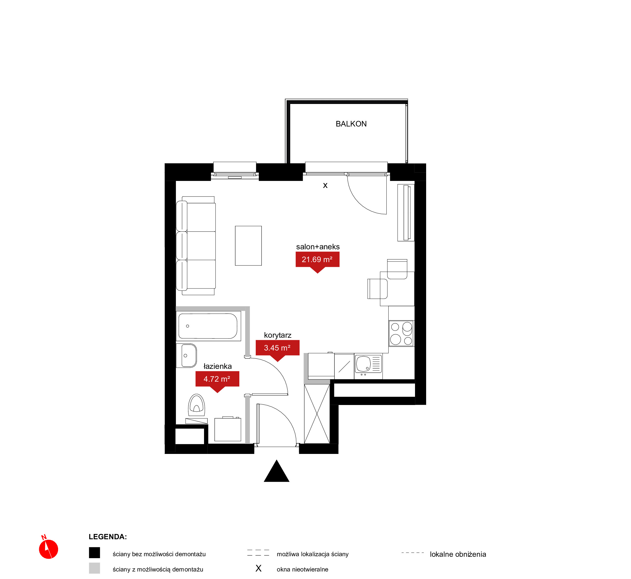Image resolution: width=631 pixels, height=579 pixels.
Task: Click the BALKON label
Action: coord(351,124)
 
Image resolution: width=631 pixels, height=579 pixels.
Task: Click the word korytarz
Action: coord(278,335)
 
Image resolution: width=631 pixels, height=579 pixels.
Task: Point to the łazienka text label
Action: coord(217,366)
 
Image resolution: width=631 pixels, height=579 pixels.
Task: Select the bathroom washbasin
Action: coord(187,356)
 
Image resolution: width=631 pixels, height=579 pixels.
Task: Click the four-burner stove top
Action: coord(401,333)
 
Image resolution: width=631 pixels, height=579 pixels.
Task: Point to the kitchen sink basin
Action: coord(363,364)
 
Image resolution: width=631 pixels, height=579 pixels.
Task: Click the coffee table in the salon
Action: coord(248,246)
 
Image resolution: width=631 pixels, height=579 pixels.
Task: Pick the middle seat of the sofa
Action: coord(196,246)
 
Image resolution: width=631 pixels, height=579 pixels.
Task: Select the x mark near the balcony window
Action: coord(325,185)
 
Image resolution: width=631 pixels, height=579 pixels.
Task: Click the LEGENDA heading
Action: coord(108,537)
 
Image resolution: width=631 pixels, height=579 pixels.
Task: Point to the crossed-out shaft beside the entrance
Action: coord(317,414)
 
